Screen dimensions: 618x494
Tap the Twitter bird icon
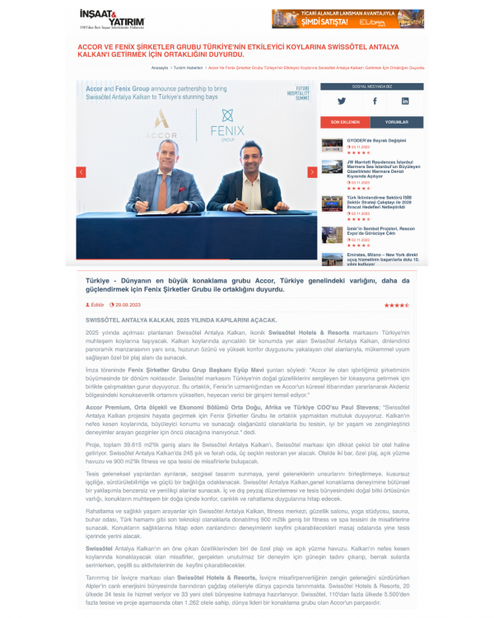[342, 101]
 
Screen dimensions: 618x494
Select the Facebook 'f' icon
[374, 101]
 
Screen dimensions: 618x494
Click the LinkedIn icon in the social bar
[405, 101]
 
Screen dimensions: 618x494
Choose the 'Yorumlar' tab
[396, 121]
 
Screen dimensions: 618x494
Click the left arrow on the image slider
[82, 172]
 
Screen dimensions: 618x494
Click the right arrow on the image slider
[312, 172]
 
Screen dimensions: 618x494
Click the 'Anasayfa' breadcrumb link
[160, 68]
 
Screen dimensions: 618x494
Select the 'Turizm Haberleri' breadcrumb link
[189, 68]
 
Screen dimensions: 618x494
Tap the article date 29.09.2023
[128, 305]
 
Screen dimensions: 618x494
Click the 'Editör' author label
[97, 305]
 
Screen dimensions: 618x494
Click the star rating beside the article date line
[396, 305]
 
